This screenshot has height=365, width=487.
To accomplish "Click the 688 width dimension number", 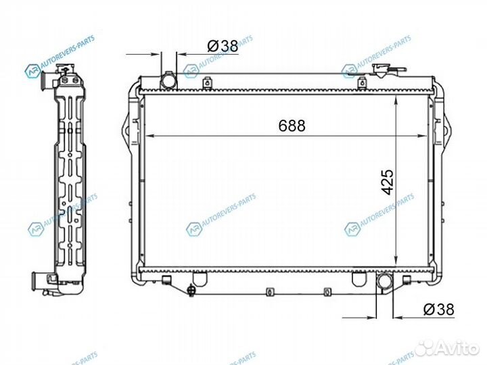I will click(x=292, y=126).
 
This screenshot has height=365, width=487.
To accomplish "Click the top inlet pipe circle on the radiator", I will click(x=168, y=81).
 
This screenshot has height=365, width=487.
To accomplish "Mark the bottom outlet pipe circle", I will click(x=385, y=281).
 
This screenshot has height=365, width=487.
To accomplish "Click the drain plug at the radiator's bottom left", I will click(x=193, y=291).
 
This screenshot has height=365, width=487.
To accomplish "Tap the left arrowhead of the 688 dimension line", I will click(x=150, y=136).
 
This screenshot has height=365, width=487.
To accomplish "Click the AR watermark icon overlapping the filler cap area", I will click(x=350, y=70).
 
